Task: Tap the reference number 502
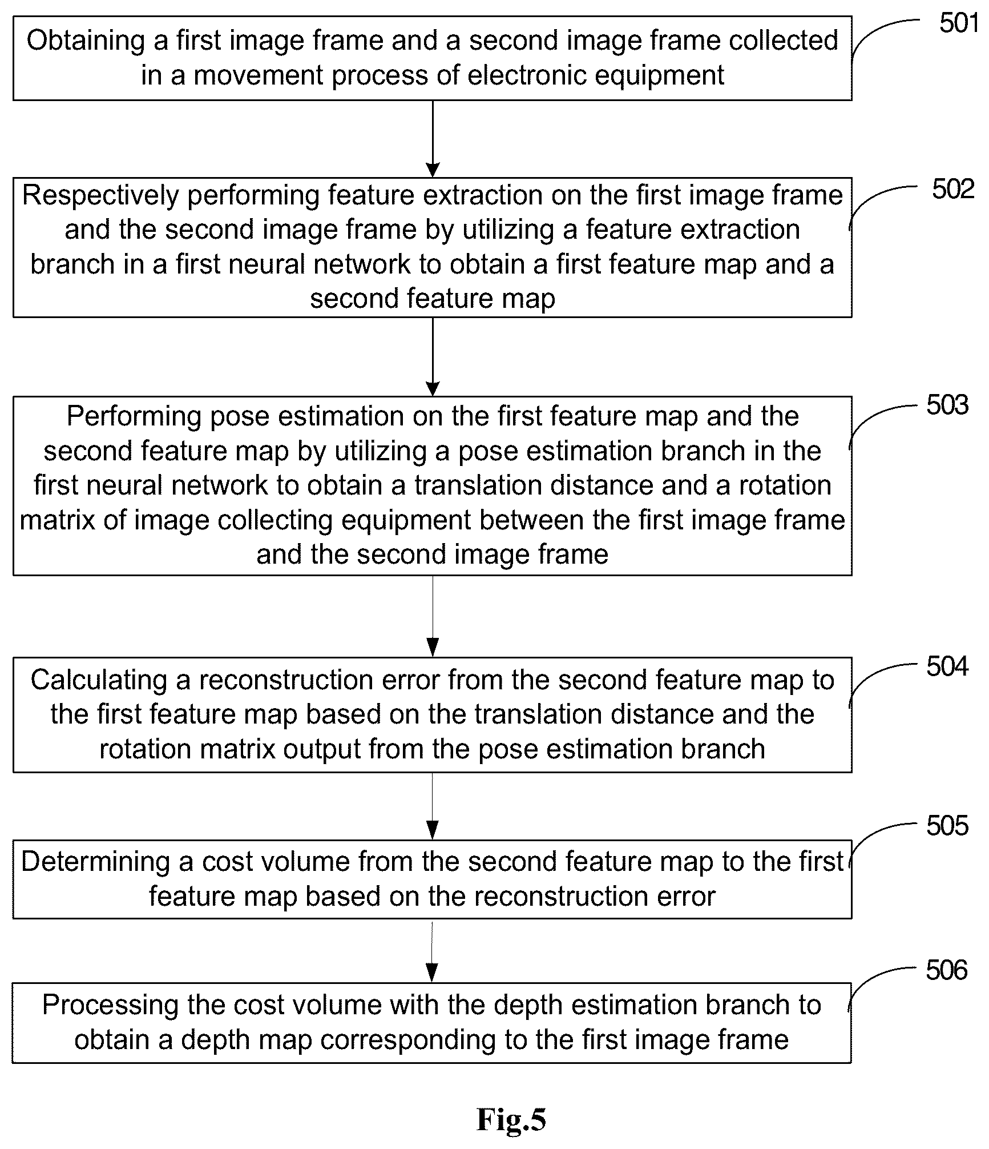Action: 953,190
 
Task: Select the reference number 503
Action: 947,405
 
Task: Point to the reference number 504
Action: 947,666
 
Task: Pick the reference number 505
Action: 947,826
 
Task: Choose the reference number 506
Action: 947,970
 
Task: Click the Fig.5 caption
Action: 511,1120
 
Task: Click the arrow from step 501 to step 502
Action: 433,139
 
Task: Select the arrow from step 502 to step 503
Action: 433,356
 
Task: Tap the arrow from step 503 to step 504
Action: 433,616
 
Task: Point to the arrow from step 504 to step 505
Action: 433,806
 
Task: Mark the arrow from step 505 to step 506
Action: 432,950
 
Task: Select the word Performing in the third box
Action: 134,417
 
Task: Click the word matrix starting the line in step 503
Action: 56,520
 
